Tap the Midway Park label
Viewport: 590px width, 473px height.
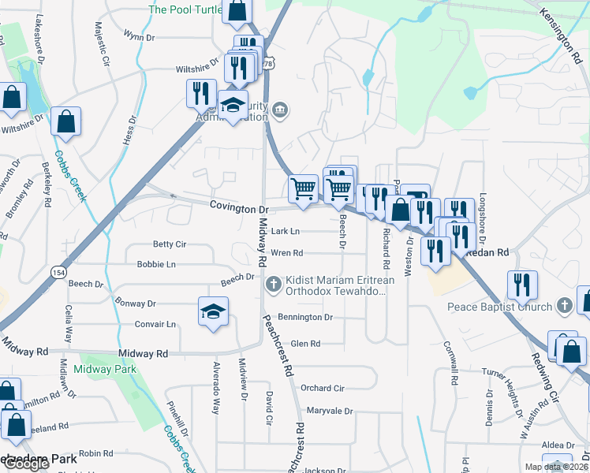pos(105,369)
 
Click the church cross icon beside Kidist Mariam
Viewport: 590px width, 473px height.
pos(274,284)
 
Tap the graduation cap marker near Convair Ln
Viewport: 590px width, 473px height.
pos(214,312)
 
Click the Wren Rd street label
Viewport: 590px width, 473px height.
pos(286,253)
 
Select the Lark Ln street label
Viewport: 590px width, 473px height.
pos(285,232)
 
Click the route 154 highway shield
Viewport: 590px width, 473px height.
pos(58,271)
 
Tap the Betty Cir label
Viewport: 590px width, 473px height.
pos(169,244)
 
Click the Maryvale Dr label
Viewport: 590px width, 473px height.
pos(329,411)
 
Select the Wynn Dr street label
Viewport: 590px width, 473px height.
pos(139,36)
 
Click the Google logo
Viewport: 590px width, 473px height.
pos(26,464)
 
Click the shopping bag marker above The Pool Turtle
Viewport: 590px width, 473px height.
pos(236,11)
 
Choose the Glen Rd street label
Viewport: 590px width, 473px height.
pos(305,344)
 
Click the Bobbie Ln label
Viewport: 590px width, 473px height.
pos(155,264)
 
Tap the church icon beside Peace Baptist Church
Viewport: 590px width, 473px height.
pos(564,305)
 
